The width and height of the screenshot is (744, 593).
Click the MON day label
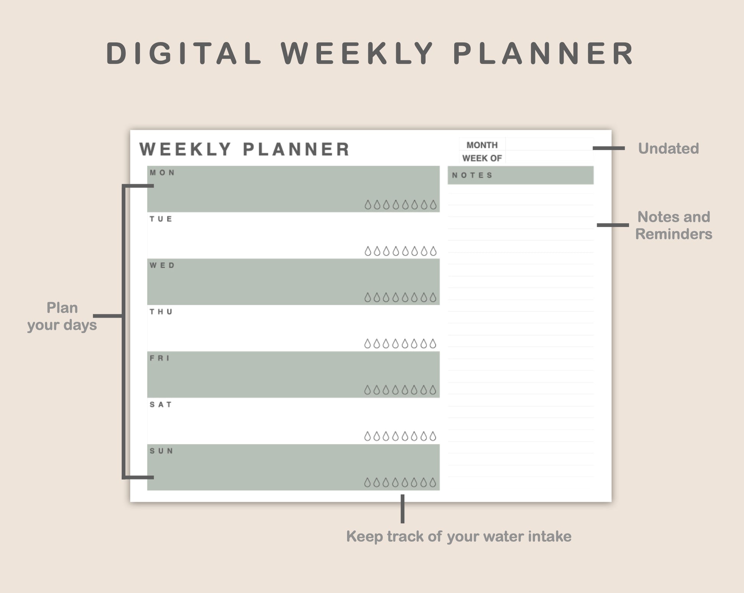[162, 172]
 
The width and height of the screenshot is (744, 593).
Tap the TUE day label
[161, 219]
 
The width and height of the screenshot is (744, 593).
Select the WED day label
[162, 265]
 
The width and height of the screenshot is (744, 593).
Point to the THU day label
[161, 312]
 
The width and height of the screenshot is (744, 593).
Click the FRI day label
[159, 358]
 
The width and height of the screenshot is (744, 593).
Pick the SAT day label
[161, 405]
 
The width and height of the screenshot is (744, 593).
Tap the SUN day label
[161, 451]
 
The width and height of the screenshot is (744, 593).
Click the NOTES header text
[472, 175]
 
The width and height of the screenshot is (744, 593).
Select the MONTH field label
[482, 145]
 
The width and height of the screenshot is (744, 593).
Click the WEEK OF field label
[482, 158]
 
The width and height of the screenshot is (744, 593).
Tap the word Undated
[668, 148]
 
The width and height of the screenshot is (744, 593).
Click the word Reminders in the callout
[674, 234]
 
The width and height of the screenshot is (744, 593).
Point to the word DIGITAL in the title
[184, 53]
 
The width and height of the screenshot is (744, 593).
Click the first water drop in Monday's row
[368, 205]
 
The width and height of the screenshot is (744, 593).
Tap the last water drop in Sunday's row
[433, 483]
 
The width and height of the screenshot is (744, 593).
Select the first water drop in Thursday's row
[367, 344]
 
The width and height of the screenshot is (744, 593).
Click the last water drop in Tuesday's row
[433, 251]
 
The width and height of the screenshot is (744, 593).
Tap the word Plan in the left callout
[62, 308]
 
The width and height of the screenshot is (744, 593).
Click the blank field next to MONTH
[549, 144]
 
